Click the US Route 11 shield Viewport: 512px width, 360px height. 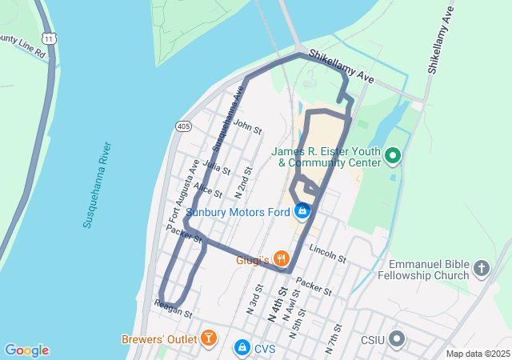50,38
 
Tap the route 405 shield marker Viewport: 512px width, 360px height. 183,126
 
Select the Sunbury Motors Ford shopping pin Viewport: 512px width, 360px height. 302,211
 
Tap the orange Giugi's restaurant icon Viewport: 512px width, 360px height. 281,258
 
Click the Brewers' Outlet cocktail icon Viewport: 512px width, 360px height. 208,338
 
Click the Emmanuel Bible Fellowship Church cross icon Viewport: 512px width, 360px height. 482,269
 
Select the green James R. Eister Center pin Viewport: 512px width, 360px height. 393,155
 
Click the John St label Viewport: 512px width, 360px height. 248,127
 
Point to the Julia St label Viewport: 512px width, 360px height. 217,167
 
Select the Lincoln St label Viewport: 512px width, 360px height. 326,254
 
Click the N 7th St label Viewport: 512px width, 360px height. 334,339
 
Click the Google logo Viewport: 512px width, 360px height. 26,350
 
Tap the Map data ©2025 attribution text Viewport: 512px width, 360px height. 478,354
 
